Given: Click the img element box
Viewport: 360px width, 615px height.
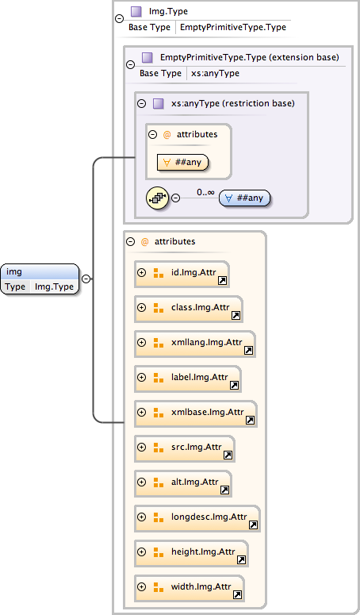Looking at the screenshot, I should point(40,279).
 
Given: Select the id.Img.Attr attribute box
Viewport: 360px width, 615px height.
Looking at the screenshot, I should point(182,273).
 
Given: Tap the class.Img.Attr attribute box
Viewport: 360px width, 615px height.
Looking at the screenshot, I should point(189,307).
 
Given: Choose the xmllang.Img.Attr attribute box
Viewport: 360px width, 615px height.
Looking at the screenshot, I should point(195,343).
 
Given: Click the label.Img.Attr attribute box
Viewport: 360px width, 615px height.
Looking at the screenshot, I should point(188,378).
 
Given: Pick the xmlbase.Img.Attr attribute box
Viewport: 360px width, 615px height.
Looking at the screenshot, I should point(196,413).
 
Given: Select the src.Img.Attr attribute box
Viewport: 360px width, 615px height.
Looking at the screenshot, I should point(185,448).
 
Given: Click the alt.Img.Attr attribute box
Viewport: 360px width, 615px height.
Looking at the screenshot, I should point(183,482).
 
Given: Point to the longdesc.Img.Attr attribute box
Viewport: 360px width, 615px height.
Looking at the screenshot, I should point(197,517).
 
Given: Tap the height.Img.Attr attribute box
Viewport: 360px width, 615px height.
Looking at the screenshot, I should point(191,552).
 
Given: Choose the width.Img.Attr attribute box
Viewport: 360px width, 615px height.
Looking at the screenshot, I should point(189,587).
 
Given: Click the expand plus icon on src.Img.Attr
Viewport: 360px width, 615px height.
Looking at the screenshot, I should point(142,448).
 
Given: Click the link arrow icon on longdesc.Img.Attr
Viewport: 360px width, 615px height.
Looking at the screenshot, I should point(253,525).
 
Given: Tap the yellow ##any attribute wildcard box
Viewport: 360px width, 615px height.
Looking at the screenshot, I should point(183,162).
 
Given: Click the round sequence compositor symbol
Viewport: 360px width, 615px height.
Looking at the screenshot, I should point(158,198).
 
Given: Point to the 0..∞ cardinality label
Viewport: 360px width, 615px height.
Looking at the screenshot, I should point(206,191).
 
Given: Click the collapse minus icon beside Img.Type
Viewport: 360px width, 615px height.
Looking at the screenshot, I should point(119,18).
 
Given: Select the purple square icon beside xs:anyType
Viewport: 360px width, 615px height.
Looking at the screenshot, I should point(158,103).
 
